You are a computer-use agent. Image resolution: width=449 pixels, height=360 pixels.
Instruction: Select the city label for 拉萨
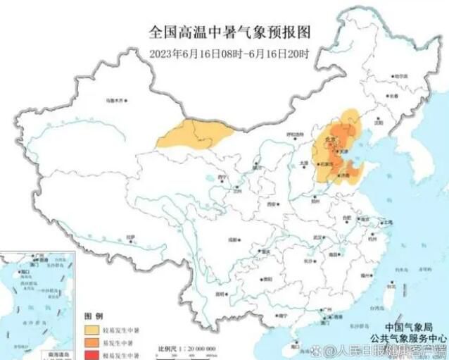click(x=130, y=237)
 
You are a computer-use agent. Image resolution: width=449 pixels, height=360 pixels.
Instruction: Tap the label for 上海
click(x=386, y=222)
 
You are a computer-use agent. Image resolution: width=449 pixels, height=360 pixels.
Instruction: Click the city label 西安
click(x=270, y=204)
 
